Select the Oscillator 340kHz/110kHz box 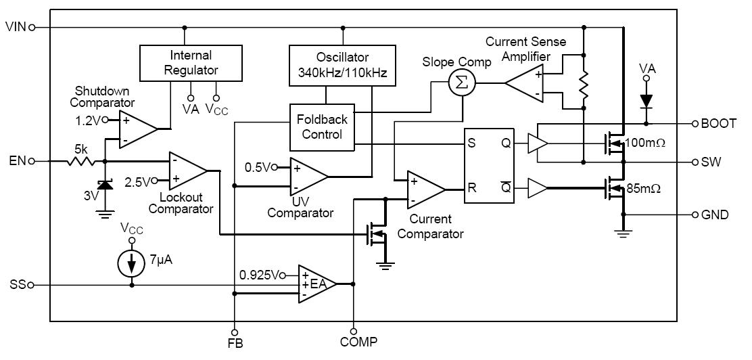[342, 64]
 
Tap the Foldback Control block [322, 127]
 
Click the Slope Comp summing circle [463, 83]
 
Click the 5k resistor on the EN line [80, 162]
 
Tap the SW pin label [710, 162]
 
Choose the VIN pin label [15, 27]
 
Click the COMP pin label [358, 342]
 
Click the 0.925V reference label [259, 274]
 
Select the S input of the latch [472, 143]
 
